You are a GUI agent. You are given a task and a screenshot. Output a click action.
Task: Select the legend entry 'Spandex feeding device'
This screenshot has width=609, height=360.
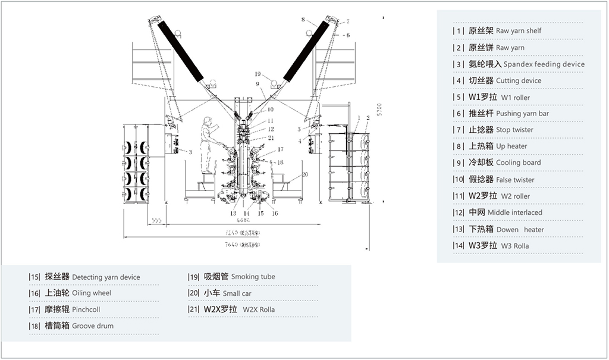[x=544, y=64]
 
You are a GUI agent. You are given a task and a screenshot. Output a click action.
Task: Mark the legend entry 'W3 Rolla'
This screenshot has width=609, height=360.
[x=514, y=246]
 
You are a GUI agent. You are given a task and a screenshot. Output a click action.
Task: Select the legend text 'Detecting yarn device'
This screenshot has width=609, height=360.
[x=106, y=277]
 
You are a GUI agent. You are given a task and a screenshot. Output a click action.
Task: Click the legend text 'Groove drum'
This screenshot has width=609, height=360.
[x=93, y=326]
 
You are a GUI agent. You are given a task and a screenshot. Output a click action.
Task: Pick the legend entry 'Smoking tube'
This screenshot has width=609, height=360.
[x=253, y=277]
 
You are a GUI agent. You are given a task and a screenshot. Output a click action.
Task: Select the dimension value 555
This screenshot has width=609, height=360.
[x=158, y=220]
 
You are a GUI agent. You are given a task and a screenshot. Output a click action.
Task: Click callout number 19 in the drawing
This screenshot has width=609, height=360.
[x=257, y=74]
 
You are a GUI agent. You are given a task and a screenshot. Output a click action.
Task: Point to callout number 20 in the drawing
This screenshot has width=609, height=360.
[x=304, y=174]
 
